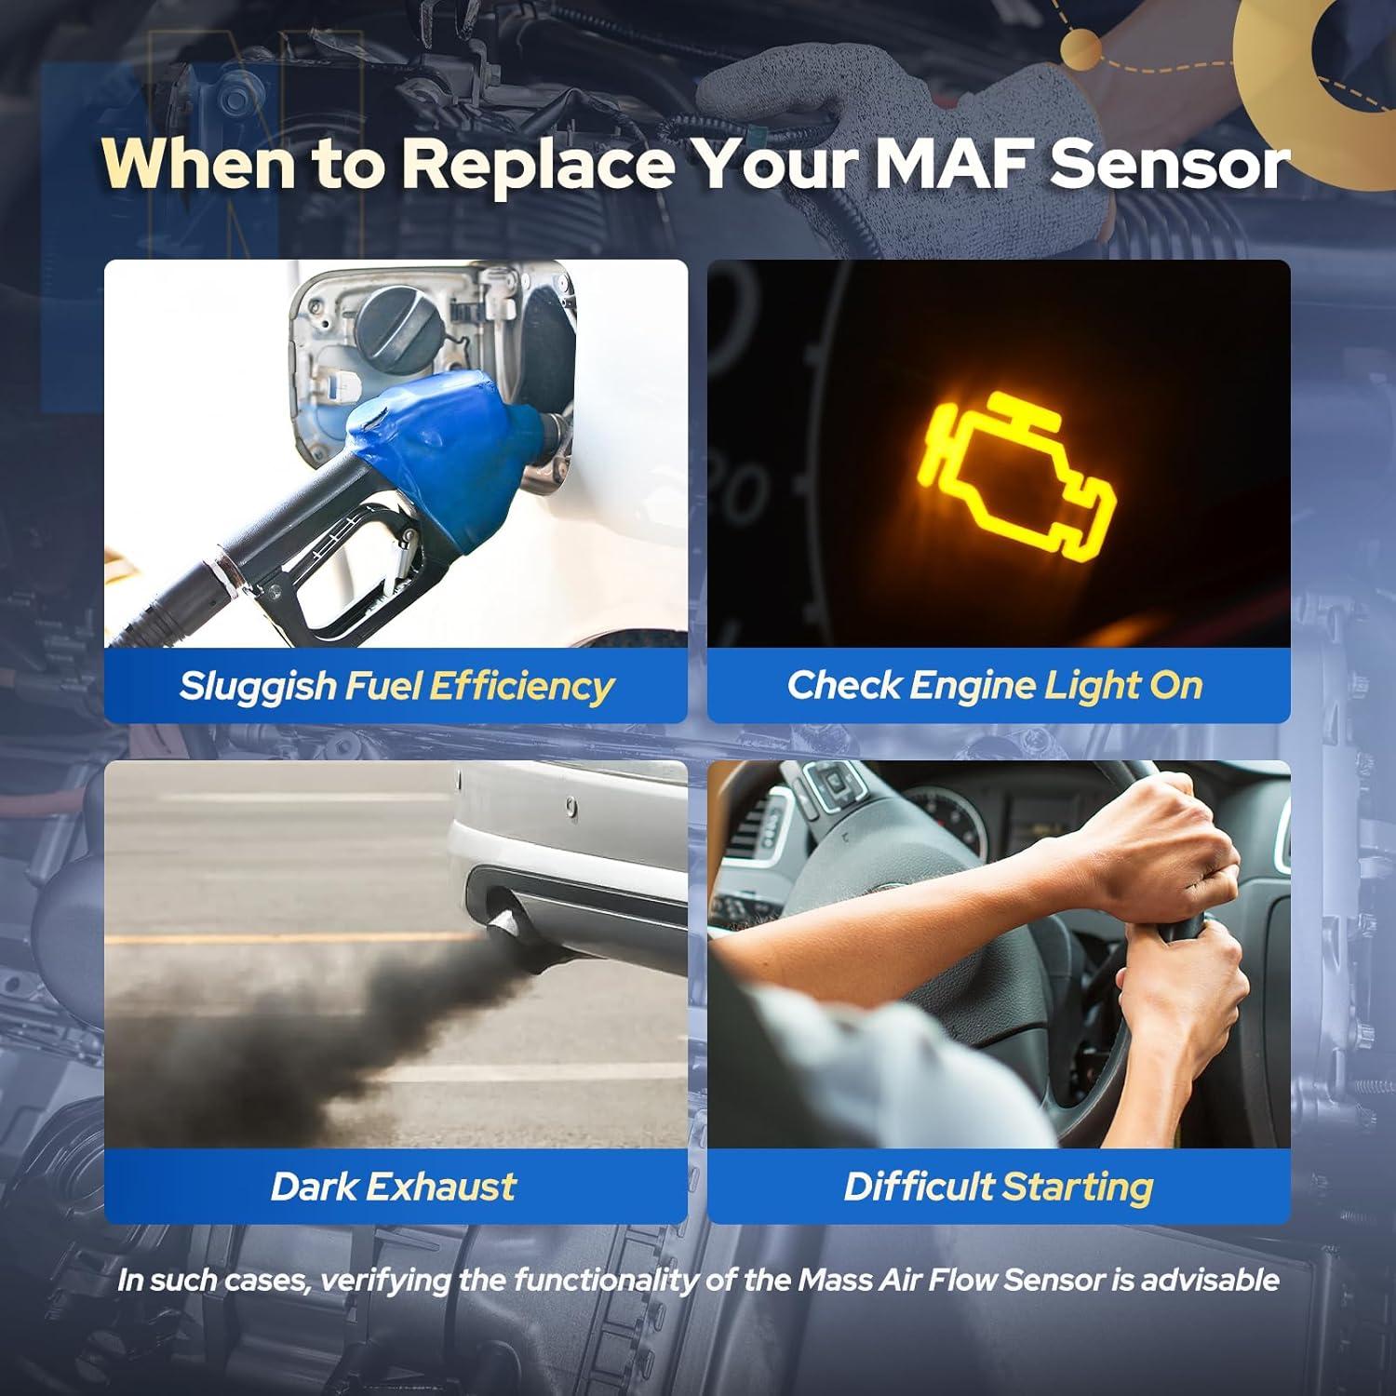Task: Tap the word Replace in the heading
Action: (537, 163)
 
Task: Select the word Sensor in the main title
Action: (1170, 163)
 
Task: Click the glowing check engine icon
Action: (1019, 477)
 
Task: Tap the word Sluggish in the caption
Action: (257, 686)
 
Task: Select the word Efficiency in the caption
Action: (521, 686)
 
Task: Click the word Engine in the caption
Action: (972, 686)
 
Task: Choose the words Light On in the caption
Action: (1123, 686)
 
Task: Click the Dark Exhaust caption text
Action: (393, 1187)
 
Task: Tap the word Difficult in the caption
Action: (919, 1187)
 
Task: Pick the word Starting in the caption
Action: (1078, 1187)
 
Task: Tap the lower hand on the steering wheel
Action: (1182, 996)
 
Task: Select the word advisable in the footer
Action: (1210, 1281)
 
